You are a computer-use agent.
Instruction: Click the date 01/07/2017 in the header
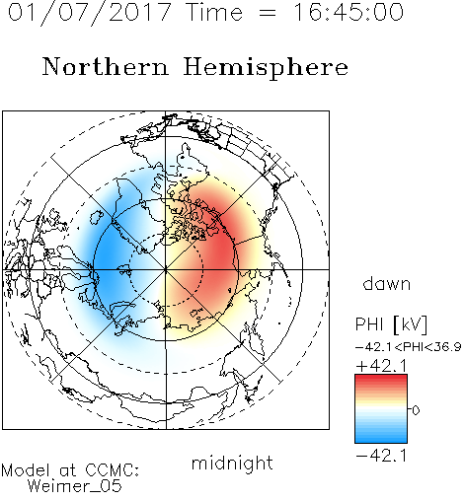(90, 13)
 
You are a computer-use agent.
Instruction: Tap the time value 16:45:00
(348, 12)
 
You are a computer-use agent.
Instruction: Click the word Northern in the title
(106, 67)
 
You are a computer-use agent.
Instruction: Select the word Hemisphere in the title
(266, 68)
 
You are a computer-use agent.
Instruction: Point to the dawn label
(387, 284)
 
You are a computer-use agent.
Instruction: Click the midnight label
(232, 463)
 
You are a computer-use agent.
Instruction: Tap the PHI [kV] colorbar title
(391, 324)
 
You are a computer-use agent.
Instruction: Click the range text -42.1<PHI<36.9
(408, 347)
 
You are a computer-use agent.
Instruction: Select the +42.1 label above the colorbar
(382, 366)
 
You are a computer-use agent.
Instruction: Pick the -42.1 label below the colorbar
(382, 456)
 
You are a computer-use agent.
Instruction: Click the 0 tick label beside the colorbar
(416, 410)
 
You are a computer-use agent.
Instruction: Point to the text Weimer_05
(75, 486)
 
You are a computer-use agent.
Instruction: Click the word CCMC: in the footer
(112, 470)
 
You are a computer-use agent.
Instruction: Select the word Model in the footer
(26, 470)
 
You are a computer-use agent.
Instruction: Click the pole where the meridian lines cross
(166, 269)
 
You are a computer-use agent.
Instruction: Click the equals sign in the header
(267, 13)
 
